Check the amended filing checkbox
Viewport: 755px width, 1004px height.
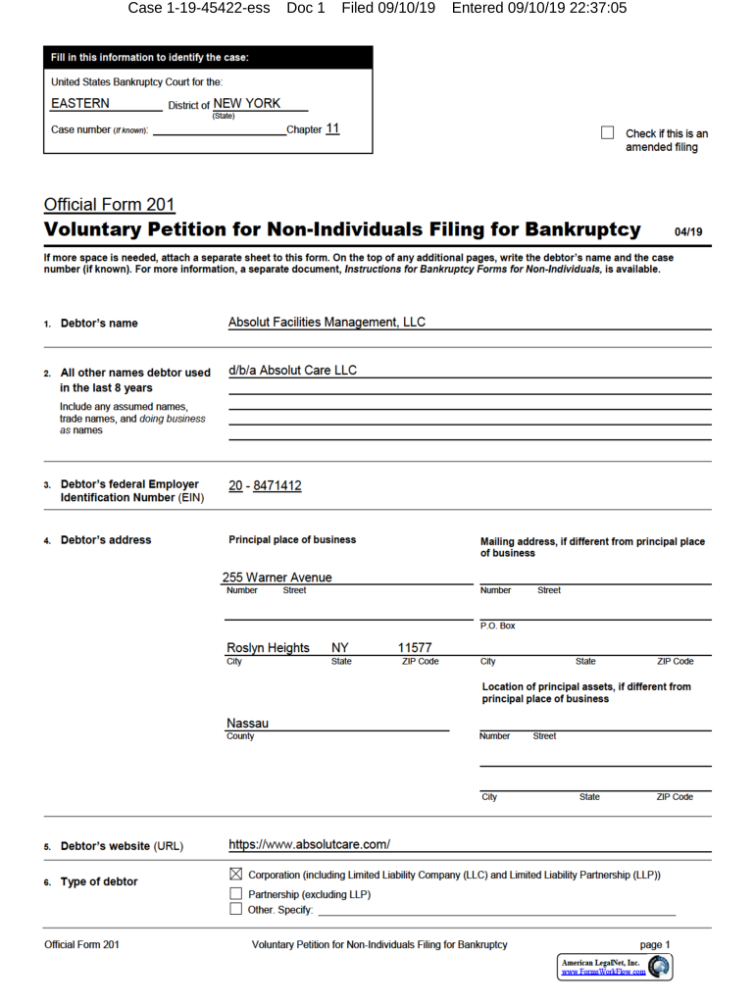point(607,132)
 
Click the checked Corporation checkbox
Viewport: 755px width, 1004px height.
point(235,874)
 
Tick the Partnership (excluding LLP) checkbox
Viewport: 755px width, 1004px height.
point(235,894)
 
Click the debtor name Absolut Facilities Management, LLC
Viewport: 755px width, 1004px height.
point(327,323)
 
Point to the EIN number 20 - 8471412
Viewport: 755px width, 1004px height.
point(265,485)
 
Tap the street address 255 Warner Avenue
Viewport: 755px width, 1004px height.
point(277,577)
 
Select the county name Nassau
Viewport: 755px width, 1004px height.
point(247,723)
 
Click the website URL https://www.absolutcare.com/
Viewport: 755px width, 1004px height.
point(310,844)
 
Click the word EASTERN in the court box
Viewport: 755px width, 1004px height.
point(80,103)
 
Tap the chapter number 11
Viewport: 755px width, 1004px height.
point(332,128)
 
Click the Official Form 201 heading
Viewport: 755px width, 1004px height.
point(109,205)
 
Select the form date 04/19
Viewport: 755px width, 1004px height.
point(689,232)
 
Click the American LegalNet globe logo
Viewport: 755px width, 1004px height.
point(660,966)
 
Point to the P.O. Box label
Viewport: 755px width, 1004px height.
point(497,626)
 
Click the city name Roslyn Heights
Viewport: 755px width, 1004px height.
point(268,648)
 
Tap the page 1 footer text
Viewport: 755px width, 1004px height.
point(655,944)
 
